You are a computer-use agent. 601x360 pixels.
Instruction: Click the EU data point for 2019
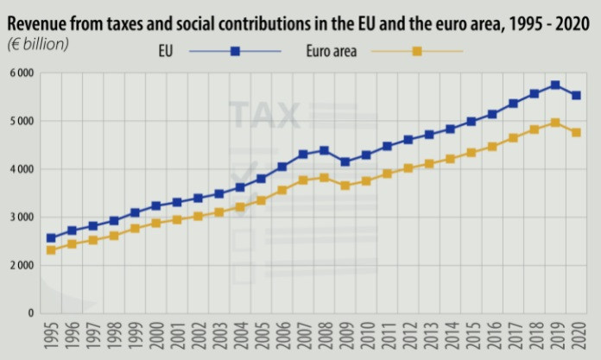pos(555,85)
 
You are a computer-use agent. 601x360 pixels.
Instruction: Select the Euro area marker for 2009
pos(345,186)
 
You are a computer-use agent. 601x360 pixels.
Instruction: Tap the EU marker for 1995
pos(51,237)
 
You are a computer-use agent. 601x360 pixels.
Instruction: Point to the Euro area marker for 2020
pos(576,132)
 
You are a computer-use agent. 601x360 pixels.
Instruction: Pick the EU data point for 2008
pos(324,150)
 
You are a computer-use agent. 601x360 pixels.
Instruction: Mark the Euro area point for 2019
pos(555,123)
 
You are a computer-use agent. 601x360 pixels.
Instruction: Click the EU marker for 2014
pos(450,129)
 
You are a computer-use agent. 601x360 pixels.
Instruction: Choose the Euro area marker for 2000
pos(156,223)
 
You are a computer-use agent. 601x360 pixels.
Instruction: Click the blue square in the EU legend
pos(235,52)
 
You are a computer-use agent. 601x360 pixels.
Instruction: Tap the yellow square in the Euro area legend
pos(416,52)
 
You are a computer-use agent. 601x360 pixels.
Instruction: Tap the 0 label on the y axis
pos(30,313)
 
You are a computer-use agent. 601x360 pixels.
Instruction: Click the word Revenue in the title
pos(39,17)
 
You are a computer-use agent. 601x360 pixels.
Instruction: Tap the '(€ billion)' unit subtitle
pos(38,41)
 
